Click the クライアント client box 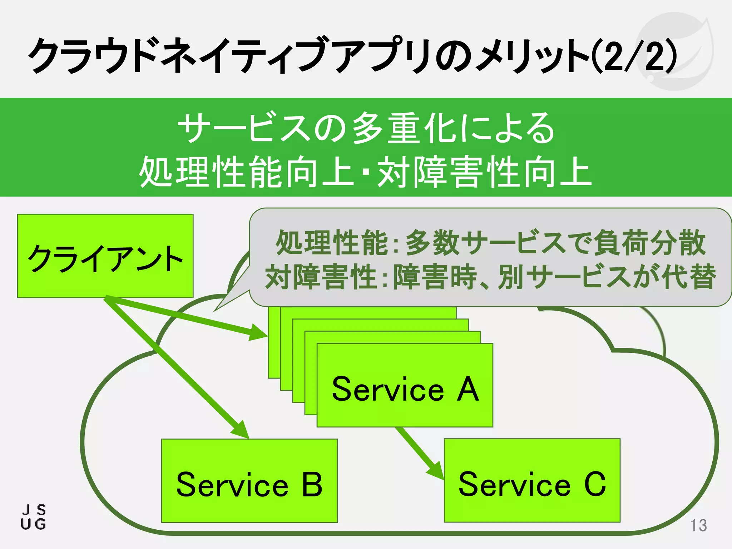(x=105, y=256)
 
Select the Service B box (x=249, y=480)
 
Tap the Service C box (x=532, y=480)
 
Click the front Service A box (x=405, y=385)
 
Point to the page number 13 (x=698, y=525)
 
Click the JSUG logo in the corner (x=33, y=517)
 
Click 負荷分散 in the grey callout (x=649, y=243)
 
